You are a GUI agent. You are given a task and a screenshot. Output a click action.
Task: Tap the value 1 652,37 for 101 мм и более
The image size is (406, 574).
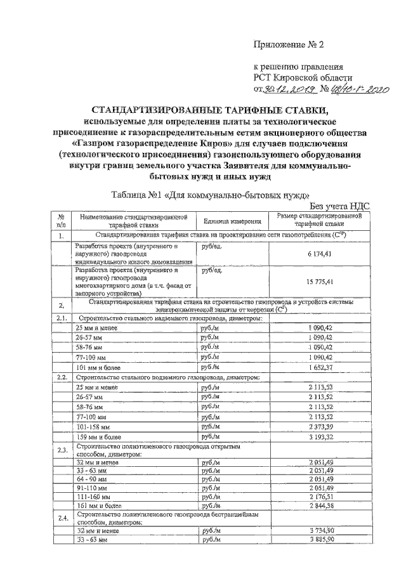(320, 367)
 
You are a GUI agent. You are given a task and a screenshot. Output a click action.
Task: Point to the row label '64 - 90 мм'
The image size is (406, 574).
(93, 479)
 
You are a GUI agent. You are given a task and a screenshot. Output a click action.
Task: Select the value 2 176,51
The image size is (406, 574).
(320, 499)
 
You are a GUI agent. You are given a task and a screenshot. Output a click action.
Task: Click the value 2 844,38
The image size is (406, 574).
(320, 508)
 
